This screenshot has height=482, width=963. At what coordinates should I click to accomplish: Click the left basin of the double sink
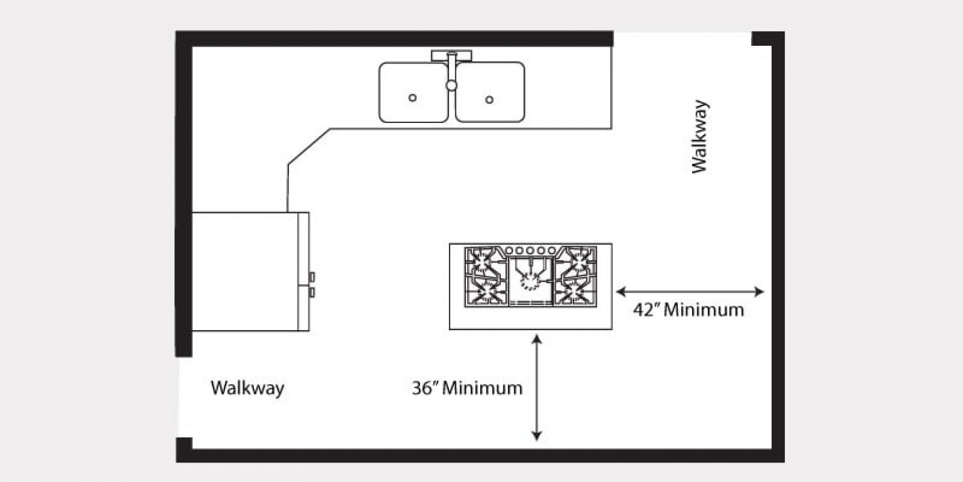click(413, 92)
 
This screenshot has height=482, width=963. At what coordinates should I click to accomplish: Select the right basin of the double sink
click(490, 92)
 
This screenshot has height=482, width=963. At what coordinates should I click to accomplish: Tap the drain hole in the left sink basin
click(413, 97)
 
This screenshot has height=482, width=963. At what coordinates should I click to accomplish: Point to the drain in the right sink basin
click(490, 99)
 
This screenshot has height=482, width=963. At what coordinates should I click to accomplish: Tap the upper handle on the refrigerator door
click(312, 276)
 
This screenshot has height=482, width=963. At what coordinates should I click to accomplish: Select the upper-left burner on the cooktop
click(484, 260)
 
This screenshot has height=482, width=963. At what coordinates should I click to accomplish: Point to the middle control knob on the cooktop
click(530, 250)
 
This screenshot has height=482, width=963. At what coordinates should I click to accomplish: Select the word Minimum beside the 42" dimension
click(703, 310)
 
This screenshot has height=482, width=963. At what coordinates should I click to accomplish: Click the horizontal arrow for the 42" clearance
click(690, 291)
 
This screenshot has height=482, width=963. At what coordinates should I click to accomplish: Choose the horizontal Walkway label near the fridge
click(247, 388)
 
